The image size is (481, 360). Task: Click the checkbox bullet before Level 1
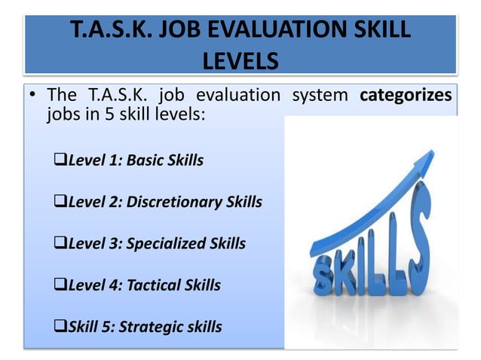point(62,160)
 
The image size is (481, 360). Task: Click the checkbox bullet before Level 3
point(62,243)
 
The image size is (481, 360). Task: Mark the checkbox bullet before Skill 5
point(62,326)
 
